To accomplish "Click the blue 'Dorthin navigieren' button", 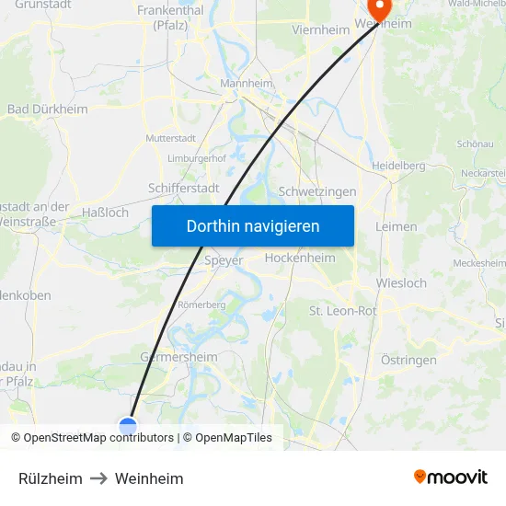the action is pos(253,225).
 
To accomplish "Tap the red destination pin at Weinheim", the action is pos(377,8).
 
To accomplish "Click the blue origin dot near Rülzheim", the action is pos(128,425).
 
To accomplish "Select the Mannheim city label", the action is pos(247,83).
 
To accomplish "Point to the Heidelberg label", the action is pos(398,166).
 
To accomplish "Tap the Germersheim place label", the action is pos(178,357).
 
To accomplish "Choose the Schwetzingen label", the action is pos(317,191).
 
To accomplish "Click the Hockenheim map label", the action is pos(300,259).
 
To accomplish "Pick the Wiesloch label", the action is pos(402,283).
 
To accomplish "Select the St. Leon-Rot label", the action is pos(342,311).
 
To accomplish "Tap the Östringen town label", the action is pos(408,360).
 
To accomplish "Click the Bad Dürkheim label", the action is pos(48,109).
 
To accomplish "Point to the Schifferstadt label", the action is pos(183,188).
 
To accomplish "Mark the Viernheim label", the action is pos(320,29).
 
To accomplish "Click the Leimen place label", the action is pos(397,226).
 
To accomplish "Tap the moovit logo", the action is pos(451,477).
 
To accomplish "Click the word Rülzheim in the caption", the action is pos(51,478).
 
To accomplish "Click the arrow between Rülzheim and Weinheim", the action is pos(98,478).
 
